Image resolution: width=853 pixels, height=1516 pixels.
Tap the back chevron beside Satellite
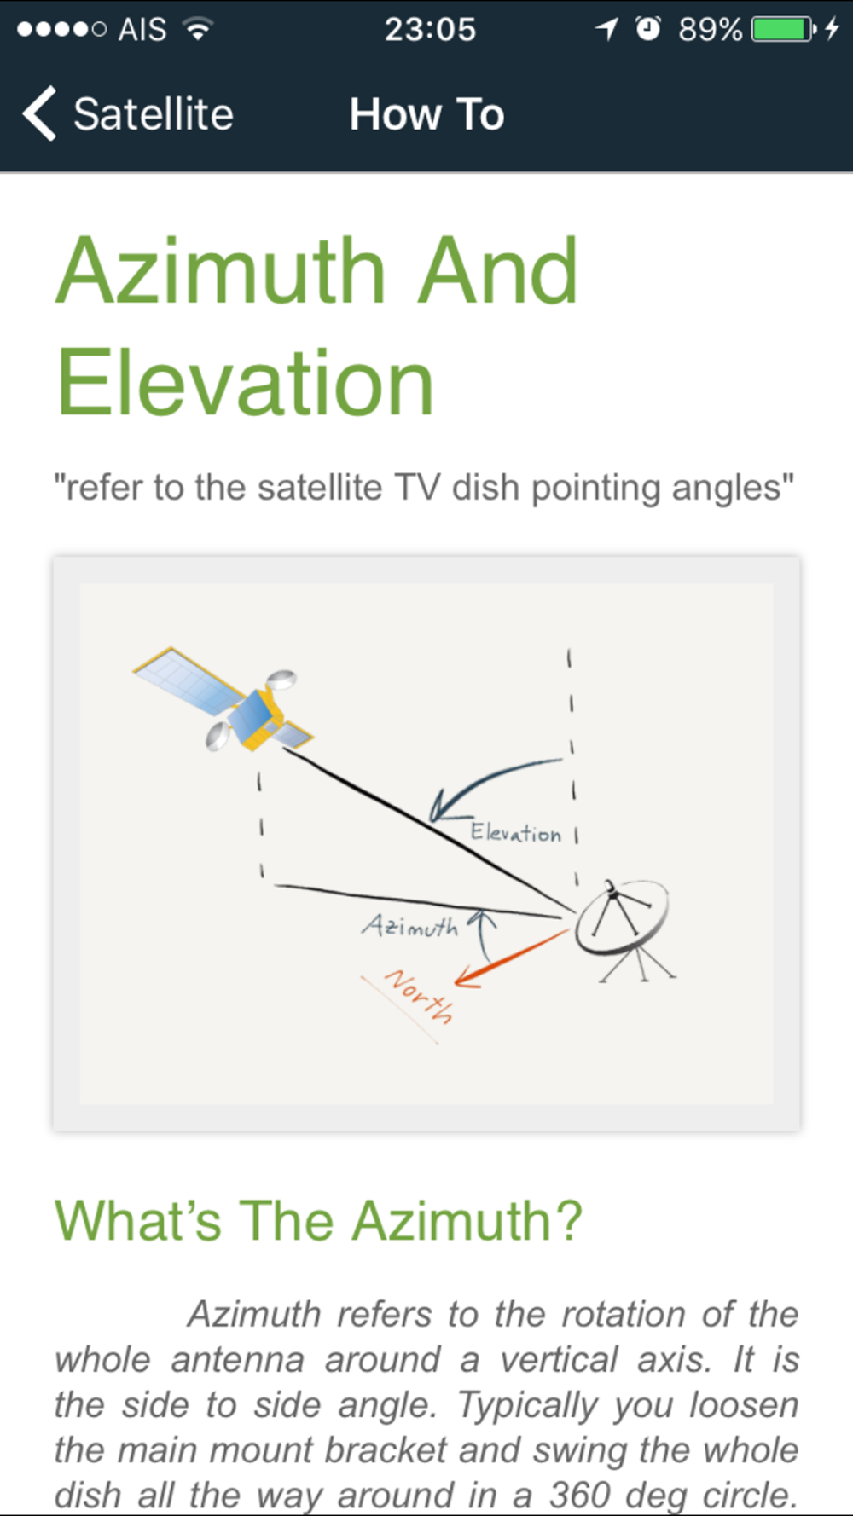point(39,113)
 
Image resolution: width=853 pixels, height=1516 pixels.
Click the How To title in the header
point(426,114)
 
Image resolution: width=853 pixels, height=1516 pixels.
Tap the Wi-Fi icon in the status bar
point(198,29)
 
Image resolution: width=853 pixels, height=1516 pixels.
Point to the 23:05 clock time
point(430,30)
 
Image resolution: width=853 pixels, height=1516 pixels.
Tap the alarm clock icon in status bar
point(648,29)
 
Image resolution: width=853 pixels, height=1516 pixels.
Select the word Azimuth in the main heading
point(221,270)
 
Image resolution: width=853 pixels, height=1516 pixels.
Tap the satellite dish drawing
point(625,929)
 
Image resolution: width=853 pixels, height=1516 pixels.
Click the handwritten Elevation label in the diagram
point(515,832)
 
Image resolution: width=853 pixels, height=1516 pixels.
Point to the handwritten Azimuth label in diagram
point(410,925)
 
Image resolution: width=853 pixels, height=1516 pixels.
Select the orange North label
point(419,995)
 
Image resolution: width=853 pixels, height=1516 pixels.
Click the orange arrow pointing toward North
point(511,958)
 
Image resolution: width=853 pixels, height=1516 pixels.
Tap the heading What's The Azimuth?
point(318,1220)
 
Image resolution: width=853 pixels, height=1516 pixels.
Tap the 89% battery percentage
point(710,30)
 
